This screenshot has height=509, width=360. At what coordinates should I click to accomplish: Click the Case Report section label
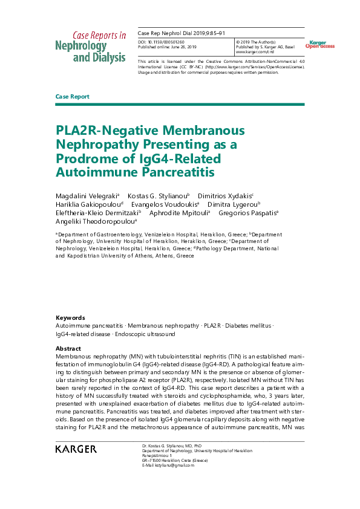pyautogui.click(x=72, y=97)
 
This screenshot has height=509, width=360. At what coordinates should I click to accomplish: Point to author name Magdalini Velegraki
pyautogui.click(x=87, y=196)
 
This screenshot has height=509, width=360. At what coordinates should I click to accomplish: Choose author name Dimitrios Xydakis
pyautogui.click(x=225, y=196)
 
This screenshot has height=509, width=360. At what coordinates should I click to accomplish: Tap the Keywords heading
pyautogui.click(x=70, y=318)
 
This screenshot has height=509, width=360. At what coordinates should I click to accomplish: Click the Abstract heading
pyautogui.click(x=68, y=349)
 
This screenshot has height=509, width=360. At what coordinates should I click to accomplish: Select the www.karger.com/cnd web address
pyautogui.click(x=255, y=52)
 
